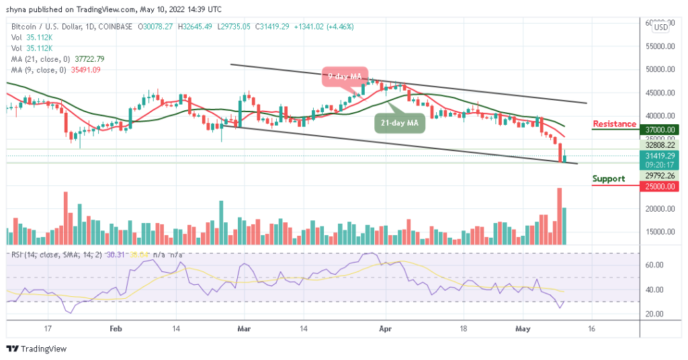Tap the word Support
point(608,179)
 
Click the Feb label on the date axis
point(116,329)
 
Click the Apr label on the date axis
point(385,329)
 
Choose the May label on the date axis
point(521,329)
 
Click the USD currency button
point(661,27)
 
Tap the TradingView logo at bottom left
point(34,349)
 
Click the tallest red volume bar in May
point(559,216)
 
